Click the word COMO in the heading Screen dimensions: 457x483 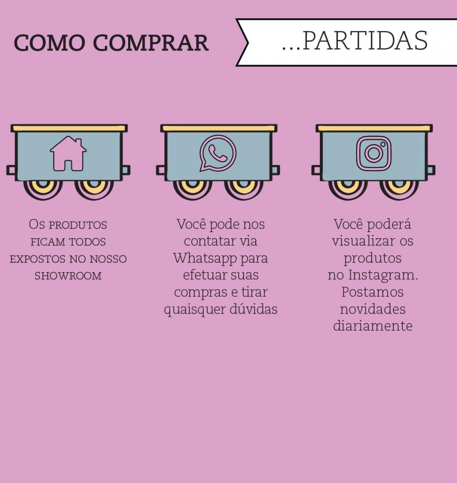[49, 42]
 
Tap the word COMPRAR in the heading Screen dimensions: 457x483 [151, 42]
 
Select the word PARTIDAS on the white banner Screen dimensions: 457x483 [365, 41]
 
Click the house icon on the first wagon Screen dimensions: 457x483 [68, 153]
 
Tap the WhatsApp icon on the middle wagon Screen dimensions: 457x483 [218, 153]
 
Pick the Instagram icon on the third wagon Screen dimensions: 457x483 [374, 153]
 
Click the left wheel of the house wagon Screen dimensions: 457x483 [43, 189]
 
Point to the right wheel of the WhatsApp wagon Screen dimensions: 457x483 [244, 189]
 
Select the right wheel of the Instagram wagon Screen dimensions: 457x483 [399, 189]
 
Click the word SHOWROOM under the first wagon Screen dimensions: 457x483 [68, 275]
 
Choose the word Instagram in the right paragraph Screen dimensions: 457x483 [383, 275]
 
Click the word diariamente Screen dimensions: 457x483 [373, 326]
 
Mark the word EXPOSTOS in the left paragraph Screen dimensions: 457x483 [38, 259]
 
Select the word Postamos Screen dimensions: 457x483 [372, 292]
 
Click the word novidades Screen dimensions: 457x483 [373, 309]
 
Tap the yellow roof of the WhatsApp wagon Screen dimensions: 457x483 [219, 128]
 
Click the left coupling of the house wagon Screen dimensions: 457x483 [12, 170]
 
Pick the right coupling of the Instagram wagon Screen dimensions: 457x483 [431, 170]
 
